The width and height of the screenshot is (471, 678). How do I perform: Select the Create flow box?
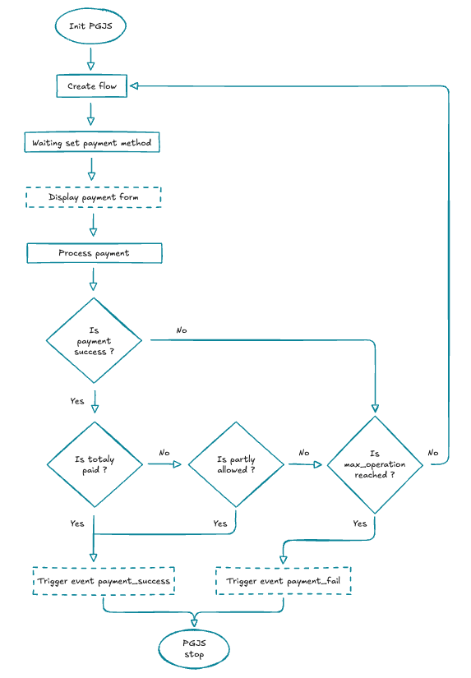point(92,86)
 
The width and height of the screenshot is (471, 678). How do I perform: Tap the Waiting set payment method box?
point(91,143)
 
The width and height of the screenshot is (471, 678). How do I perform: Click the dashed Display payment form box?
point(93,197)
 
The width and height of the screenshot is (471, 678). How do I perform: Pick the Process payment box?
point(94,253)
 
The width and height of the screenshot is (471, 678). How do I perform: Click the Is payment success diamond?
point(94,340)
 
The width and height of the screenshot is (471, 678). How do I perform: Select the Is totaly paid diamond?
point(95,464)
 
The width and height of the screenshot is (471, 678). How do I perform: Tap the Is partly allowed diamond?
point(236,464)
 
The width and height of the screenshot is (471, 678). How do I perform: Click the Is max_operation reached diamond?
point(375,465)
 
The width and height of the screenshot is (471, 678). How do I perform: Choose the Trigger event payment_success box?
point(104,580)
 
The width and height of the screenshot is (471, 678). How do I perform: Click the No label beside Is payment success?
point(181,330)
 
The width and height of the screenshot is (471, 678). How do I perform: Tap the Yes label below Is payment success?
point(77,401)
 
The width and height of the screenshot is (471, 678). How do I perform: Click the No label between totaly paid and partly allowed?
point(164,453)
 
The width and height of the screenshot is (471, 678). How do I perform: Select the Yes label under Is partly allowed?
point(219,523)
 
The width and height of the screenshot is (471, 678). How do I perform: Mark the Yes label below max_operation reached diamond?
point(360,523)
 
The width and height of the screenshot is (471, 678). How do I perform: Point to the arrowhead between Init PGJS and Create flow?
point(90,64)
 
